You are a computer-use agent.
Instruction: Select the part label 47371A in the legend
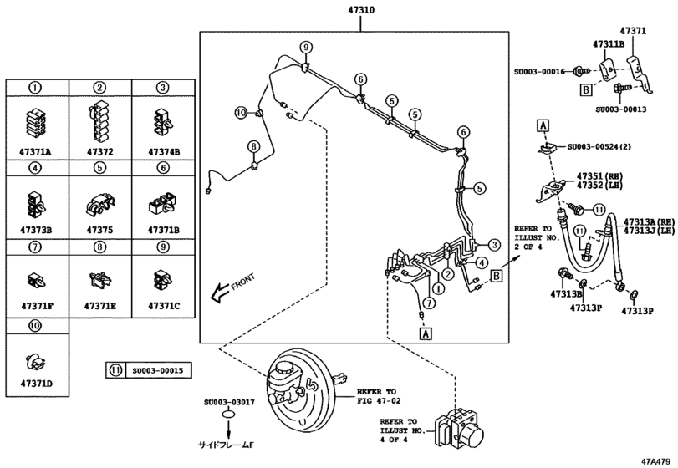point(36,152)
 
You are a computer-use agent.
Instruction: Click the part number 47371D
point(36,381)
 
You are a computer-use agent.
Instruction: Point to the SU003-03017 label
point(227,402)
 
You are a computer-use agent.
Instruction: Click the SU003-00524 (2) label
point(601,146)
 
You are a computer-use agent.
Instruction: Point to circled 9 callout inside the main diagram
point(306,46)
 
